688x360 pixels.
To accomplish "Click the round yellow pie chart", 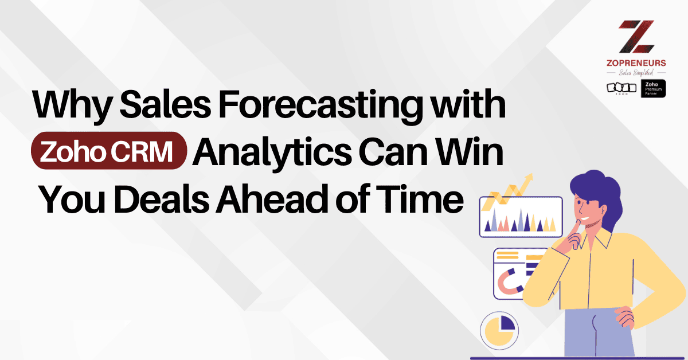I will (x=499, y=330).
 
